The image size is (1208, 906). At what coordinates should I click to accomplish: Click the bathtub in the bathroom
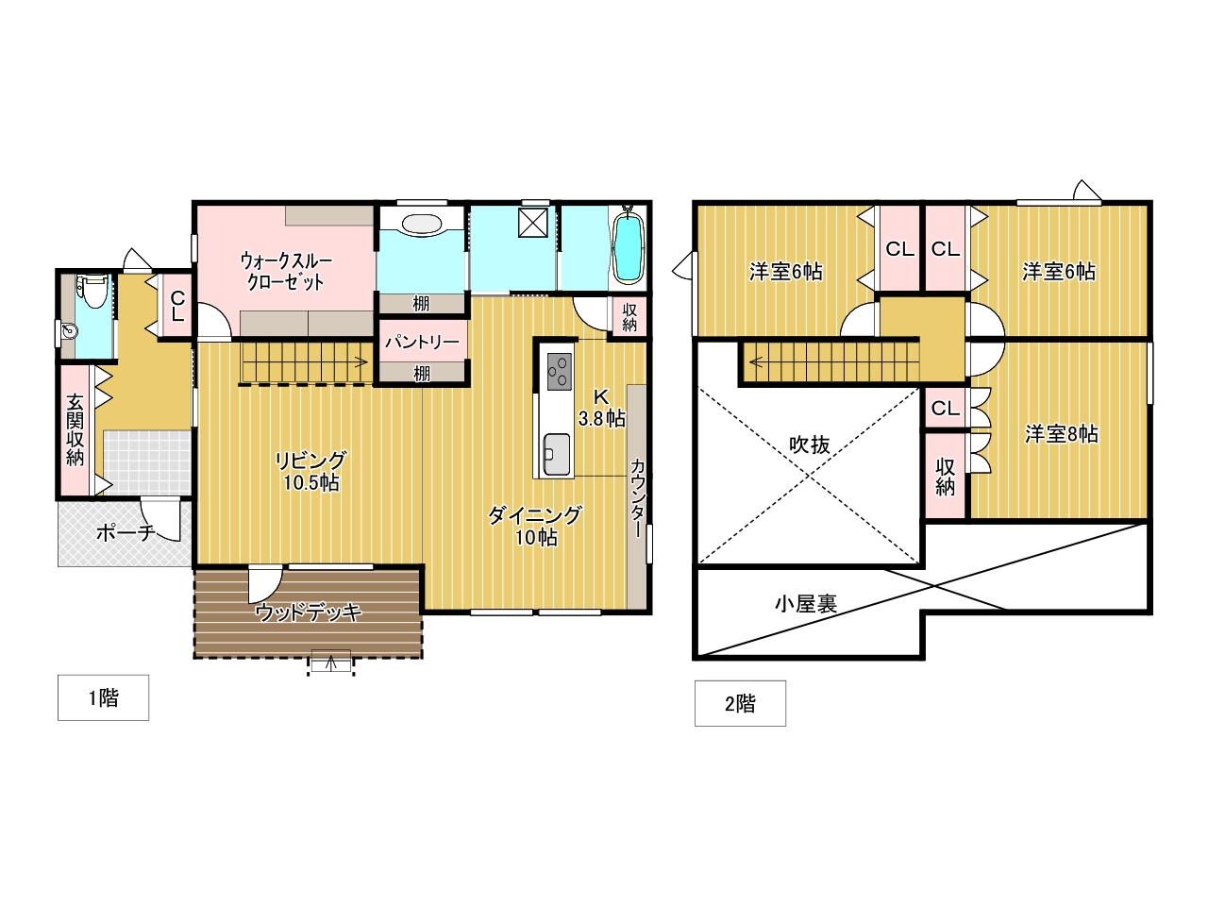coord(628,246)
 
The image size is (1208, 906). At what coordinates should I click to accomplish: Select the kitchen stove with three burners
coord(559,371)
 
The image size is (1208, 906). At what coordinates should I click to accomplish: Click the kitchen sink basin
coord(557,454)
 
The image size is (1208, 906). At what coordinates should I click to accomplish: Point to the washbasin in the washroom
coord(421,224)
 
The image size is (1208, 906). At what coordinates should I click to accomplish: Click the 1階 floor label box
coord(104,697)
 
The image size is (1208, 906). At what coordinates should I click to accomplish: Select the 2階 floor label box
coord(740,704)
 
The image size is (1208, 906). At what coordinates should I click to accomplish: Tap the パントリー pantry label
coord(422,343)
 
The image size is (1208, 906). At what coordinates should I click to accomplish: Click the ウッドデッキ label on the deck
coord(309,612)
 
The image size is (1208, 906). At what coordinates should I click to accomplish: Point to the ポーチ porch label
coord(125,532)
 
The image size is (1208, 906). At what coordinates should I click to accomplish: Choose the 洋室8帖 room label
coord(1062,434)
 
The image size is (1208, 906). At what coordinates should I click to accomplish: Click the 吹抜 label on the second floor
coord(810,445)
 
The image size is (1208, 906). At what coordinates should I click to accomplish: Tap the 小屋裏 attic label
coord(806,604)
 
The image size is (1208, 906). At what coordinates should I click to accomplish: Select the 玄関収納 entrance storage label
coord(75,430)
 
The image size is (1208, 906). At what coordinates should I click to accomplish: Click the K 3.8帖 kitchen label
coord(601,408)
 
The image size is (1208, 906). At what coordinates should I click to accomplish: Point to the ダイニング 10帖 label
coord(535,526)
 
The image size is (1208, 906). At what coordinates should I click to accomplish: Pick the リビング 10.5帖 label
coord(310,471)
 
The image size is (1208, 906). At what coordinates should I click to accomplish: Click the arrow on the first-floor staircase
coord(360,362)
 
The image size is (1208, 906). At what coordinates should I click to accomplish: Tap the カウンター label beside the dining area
coord(637,498)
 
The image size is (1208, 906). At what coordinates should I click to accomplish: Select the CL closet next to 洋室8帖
coord(946,408)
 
